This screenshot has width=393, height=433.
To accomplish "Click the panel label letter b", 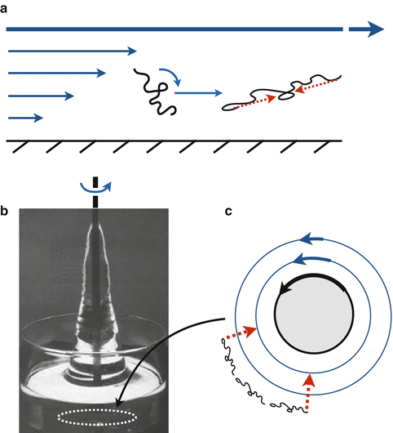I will click(x=6, y=214).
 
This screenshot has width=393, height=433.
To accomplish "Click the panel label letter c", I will click(x=231, y=214).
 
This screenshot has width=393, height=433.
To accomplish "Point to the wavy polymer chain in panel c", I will click(x=253, y=385).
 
